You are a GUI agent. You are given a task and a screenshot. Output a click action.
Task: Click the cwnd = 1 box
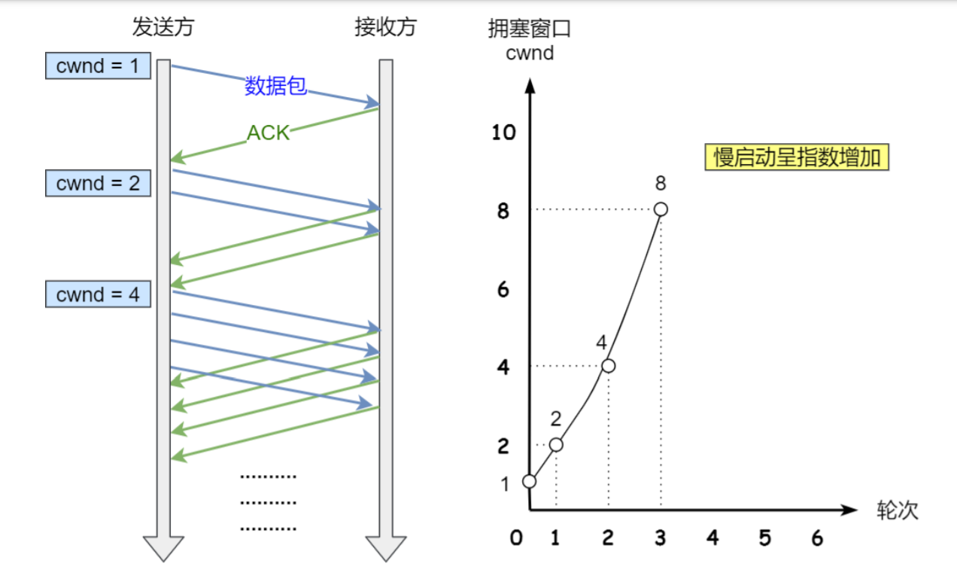click(x=98, y=66)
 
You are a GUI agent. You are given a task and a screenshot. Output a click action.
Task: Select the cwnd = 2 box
click(x=98, y=183)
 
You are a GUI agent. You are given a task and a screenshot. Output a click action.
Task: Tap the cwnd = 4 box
click(x=98, y=294)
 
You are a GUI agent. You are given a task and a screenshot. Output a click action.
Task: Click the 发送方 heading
click(x=163, y=27)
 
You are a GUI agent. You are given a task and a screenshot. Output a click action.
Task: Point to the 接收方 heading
click(x=385, y=27)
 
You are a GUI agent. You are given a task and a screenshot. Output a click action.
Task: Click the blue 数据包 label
click(x=275, y=87)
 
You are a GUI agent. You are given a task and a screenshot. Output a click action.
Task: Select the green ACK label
click(x=268, y=133)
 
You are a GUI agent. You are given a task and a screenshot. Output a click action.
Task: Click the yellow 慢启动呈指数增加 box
click(x=797, y=157)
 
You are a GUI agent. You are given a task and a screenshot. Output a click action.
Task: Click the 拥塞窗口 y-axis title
click(x=530, y=30)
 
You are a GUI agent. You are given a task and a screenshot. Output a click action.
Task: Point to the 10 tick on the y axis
click(x=503, y=133)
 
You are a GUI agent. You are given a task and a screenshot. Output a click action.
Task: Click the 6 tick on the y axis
click(x=503, y=289)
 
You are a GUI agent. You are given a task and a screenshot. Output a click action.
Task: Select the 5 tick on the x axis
click(x=765, y=538)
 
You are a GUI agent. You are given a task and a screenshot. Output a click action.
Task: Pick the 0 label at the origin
click(x=515, y=538)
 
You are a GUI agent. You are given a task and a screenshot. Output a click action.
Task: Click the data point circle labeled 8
click(x=661, y=209)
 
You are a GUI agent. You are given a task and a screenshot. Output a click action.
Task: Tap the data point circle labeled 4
click(x=608, y=366)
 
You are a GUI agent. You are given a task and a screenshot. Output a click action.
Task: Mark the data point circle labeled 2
click(x=556, y=444)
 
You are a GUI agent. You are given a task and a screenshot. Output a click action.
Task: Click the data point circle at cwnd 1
click(x=529, y=481)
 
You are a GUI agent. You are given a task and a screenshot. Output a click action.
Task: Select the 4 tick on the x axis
click(x=712, y=538)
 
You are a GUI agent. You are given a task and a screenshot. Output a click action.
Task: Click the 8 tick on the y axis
click(x=503, y=212)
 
